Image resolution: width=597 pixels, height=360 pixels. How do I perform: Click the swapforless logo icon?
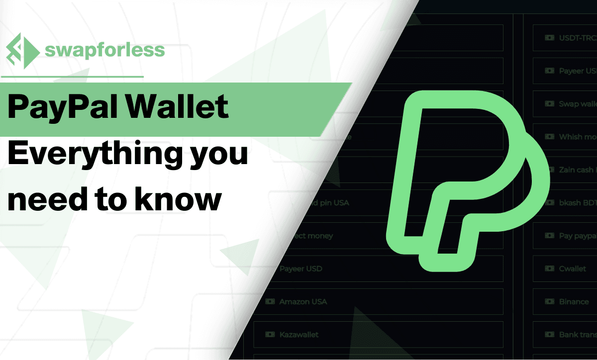click(x=22, y=51)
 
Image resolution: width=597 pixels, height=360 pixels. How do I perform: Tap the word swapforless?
click(x=104, y=50)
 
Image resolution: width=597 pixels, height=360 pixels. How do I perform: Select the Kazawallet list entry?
click(x=298, y=335)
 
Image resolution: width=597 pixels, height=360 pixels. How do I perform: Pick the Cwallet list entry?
click(x=572, y=269)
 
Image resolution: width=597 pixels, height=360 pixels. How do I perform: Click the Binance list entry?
click(x=574, y=302)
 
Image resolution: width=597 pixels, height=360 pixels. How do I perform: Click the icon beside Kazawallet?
click(x=270, y=335)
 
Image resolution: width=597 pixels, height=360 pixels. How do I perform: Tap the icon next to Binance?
click(x=549, y=302)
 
